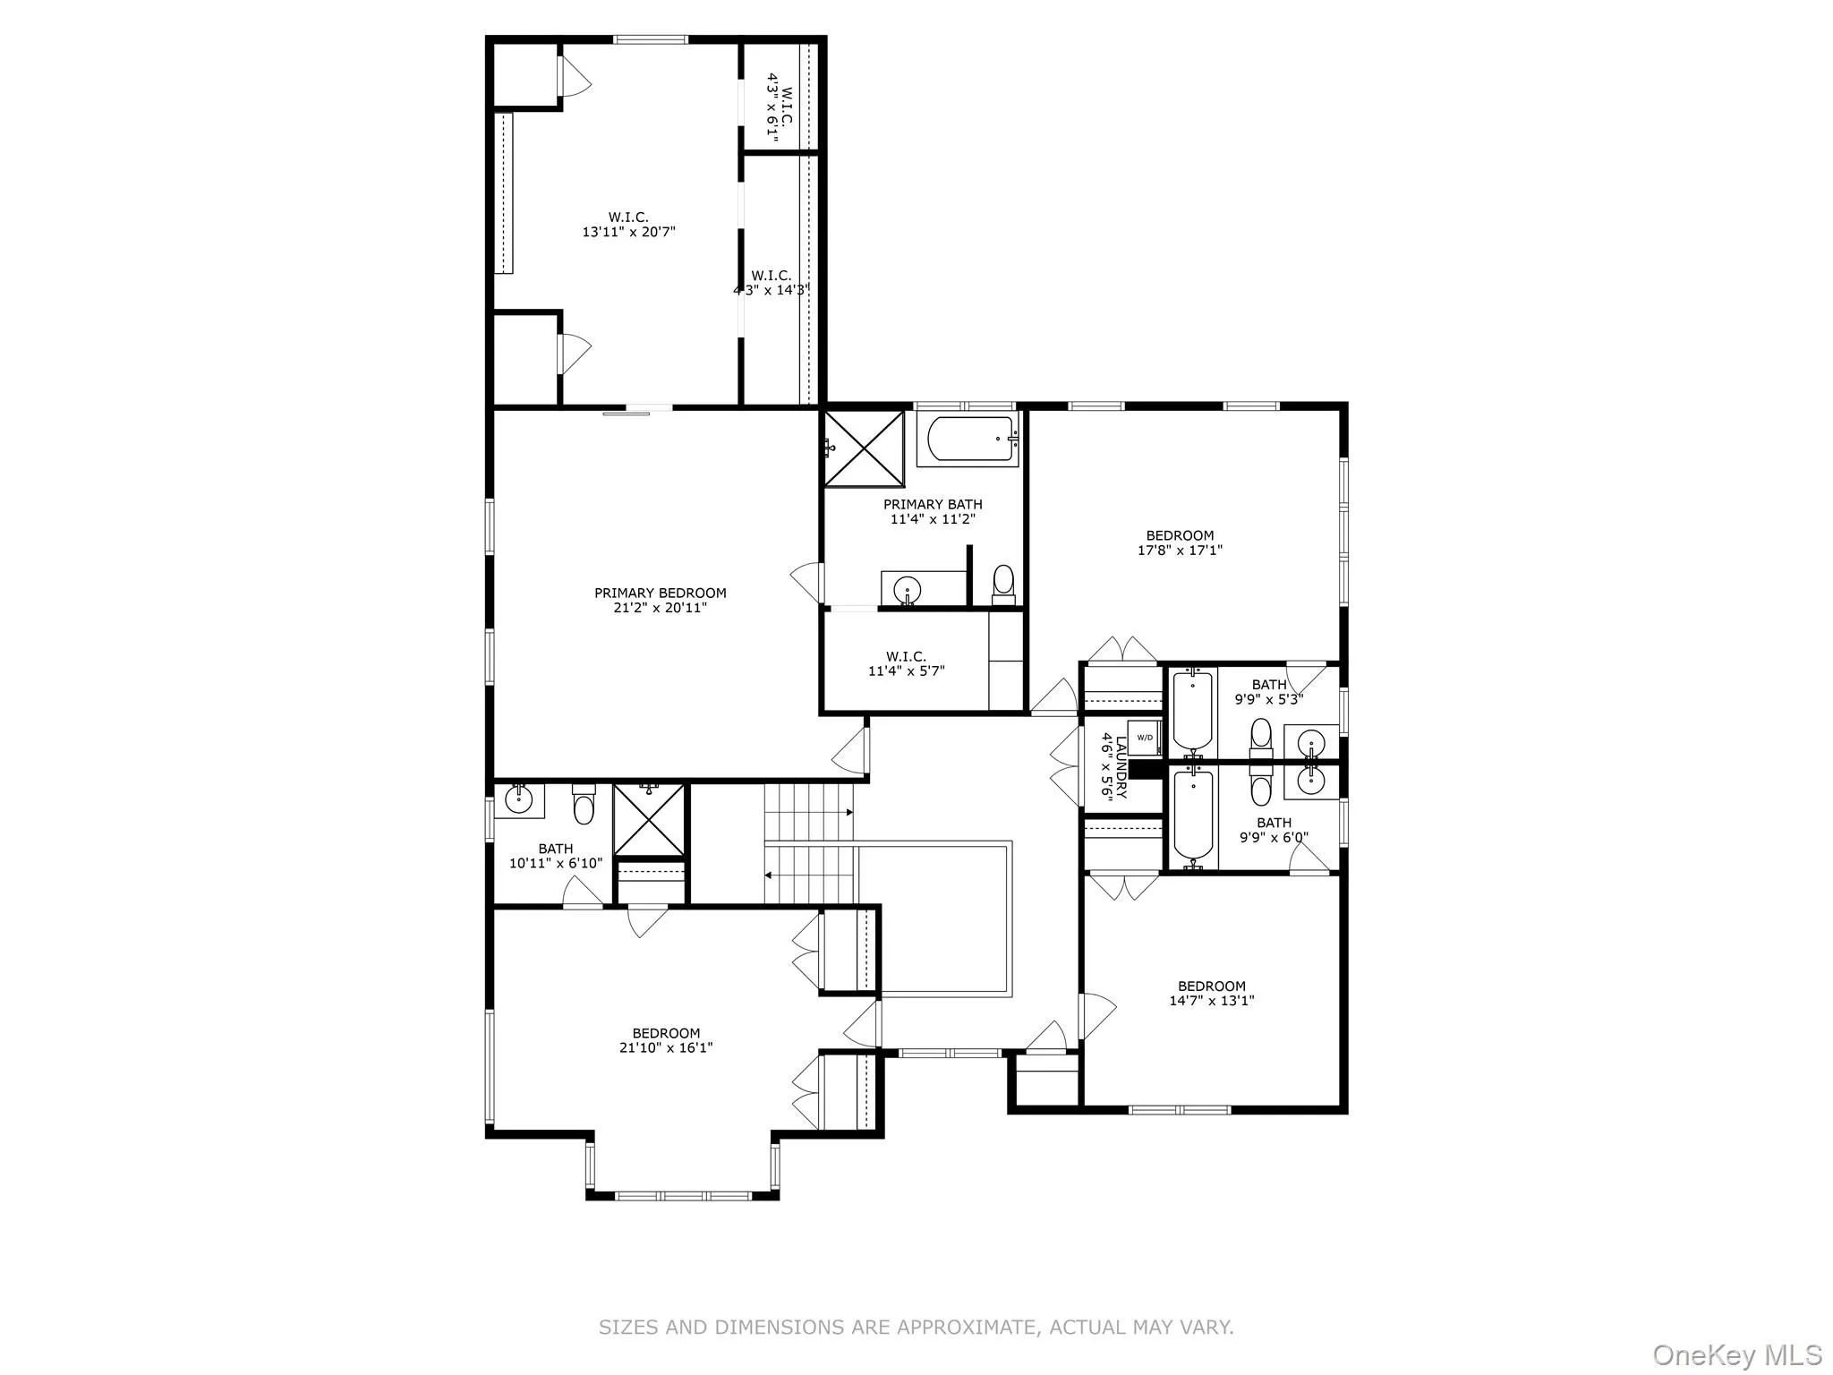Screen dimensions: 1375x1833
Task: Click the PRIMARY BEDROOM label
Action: (660, 593)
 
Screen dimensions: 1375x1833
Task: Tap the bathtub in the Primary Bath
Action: (970, 439)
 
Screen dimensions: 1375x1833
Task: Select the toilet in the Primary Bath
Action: (1003, 582)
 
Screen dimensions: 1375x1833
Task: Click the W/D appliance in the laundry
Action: (1145, 738)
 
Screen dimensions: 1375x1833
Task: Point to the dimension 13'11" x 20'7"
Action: (628, 232)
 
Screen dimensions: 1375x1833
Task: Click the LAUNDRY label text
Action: (1121, 767)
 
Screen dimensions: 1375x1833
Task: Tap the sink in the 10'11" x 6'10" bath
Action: (519, 799)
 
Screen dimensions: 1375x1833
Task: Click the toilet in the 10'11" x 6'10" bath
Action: (584, 805)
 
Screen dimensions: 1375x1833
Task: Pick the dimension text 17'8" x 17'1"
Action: (1180, 551)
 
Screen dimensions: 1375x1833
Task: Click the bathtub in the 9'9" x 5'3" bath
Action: (1192, 712)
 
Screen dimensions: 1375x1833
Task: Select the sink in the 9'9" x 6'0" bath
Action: (1312, 781)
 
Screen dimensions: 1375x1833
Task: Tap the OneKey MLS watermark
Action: (1736, 1354)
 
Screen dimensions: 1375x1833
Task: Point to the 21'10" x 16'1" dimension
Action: (665, 1047)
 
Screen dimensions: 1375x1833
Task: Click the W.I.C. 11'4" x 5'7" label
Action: (906, 663)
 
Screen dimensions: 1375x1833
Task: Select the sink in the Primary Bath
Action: (908, 590)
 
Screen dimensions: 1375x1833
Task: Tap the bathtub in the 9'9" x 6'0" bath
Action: (1192, 814)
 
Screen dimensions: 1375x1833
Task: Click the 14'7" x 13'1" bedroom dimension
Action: (1211, 1001)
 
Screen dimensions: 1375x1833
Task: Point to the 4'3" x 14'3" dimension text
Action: (771, 290)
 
